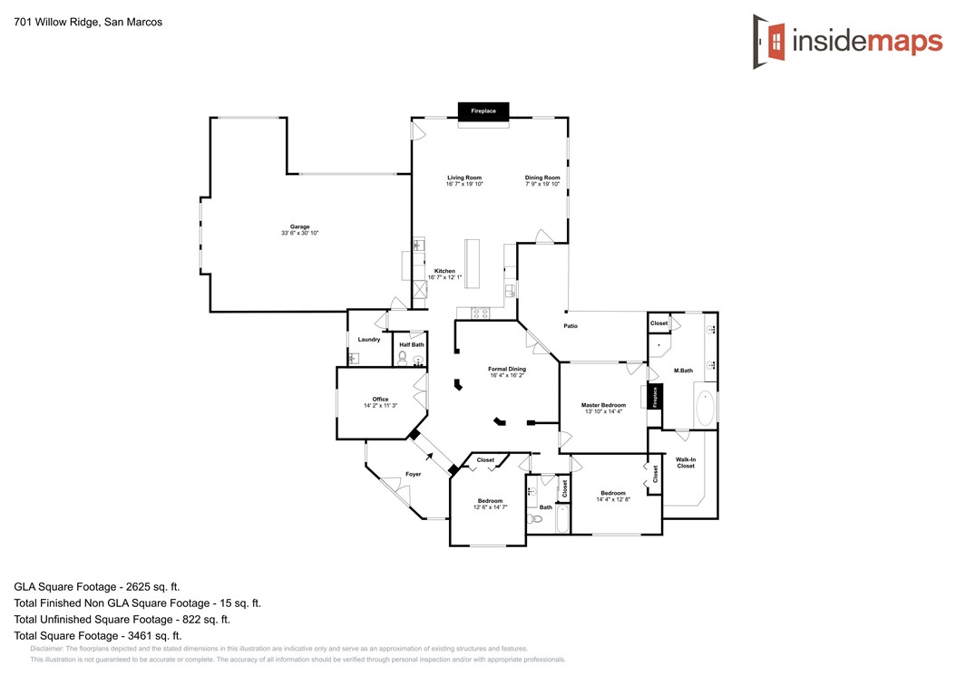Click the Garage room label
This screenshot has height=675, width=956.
(x=299, y=227)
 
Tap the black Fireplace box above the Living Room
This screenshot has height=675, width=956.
(x=483, y=111)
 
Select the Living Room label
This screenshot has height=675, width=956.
(x=464, y=178)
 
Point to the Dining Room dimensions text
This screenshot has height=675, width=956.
(x=542, y=184)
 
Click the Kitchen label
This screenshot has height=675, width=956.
(x=444, y=271)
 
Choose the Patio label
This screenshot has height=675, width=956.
(x=571, y=326)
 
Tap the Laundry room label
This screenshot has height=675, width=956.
(x=369, y=340)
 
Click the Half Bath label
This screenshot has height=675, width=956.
(x=412, y=345)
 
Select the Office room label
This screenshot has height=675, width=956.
(x=380, y=399)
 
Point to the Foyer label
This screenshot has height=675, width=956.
(x=414, y=474)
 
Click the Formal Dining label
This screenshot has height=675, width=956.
(x=507, y=369)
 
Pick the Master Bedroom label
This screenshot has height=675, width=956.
(x=603, y=405)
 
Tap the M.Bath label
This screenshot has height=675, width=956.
(x=684, y=371)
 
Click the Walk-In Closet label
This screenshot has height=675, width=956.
(x=686, y=463)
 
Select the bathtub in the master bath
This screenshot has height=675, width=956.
(x=706, y=408)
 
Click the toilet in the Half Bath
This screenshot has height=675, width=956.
(x=403, y=358)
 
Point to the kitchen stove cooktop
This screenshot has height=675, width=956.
(x=481, y=313)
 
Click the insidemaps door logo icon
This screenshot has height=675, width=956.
(x=768, y=42)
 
